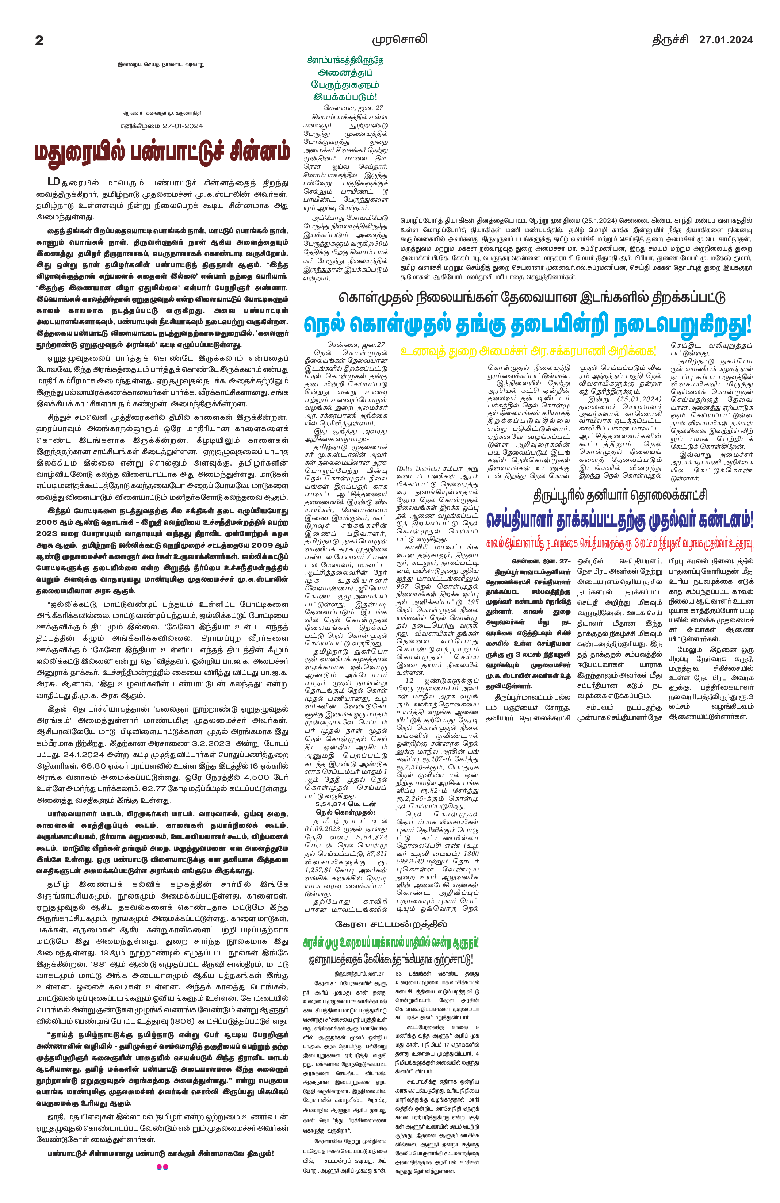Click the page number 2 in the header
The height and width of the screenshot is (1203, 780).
click(39, 41)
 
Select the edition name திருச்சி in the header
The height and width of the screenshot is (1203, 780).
click(669, 40)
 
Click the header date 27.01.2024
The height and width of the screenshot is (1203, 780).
click(726, 40)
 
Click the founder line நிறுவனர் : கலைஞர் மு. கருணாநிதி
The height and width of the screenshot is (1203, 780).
click(161, 113)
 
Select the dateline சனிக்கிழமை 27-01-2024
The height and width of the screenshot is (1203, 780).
click(161, 126)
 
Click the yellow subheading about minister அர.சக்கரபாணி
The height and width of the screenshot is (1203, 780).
click(527, 350)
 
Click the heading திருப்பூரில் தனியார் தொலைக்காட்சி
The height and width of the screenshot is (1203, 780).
click(620, 495)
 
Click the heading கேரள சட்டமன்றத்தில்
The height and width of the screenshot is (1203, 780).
click(391, 924)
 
